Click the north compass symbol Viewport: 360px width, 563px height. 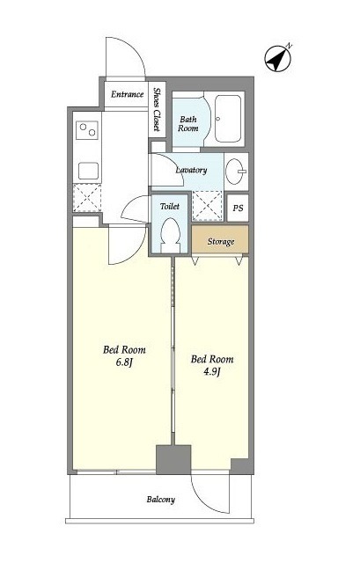pos(277,59)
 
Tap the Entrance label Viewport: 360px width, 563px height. pos(127,94)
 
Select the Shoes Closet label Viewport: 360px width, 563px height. pos(157,109)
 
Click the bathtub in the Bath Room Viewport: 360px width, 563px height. pos(228,119)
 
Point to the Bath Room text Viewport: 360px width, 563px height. pos(187,123)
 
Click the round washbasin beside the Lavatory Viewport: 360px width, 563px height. pos(236,172)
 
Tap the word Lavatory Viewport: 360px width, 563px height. pos(191,170)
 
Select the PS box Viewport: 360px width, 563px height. pos(238,208)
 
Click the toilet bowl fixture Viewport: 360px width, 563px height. pos(170,236)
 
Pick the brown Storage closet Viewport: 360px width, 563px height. pos(220,239)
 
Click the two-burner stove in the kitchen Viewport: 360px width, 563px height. pos(87,130)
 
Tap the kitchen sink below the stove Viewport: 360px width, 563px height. pos(88,171)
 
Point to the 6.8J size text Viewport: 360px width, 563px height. pos(124,362)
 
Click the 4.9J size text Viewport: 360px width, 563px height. pos(211,371)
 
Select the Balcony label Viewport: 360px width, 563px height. pos(160,500)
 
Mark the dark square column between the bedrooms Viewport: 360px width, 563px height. pos(173,459)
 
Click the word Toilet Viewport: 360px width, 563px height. pos(170,207)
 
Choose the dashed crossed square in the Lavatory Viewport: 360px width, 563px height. pos(208,206)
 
